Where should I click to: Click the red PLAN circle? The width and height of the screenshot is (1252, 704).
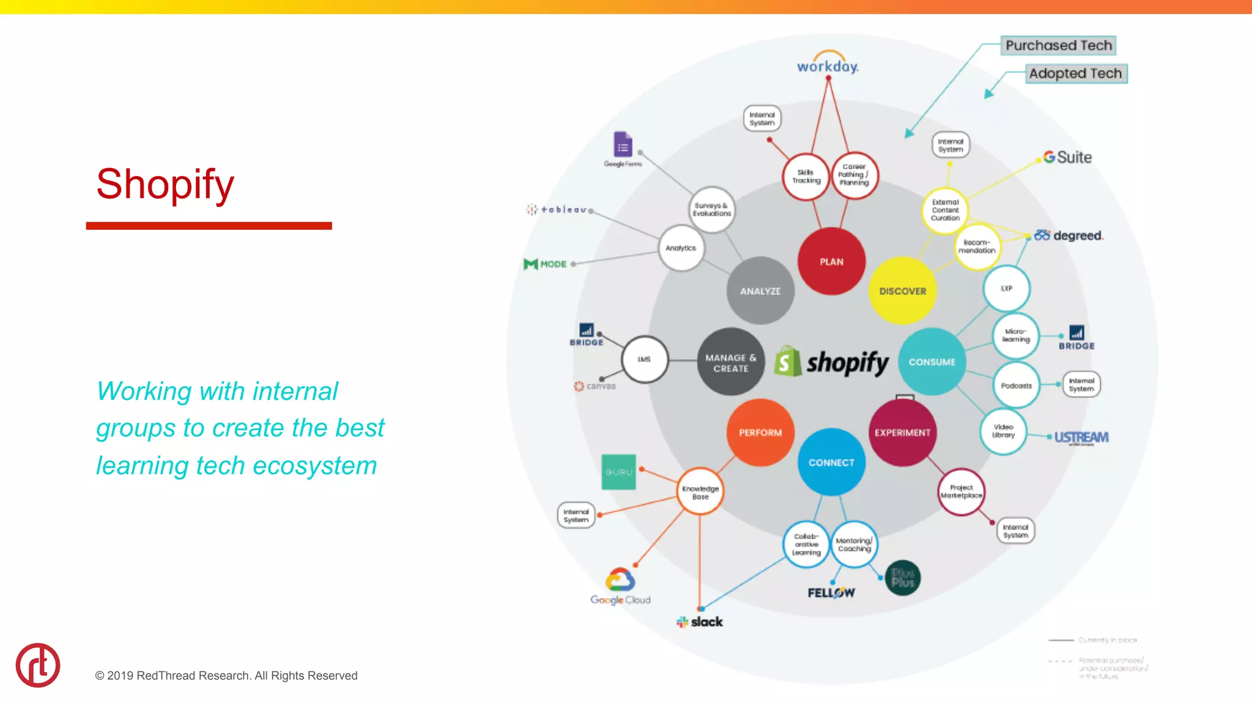pyautogui.click(x=831, y=262)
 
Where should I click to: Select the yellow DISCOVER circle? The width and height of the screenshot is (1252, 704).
pyautogui.click(x=902, y=291)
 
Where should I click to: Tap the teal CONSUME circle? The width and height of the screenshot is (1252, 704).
pyautogui.click(x=932, y=362)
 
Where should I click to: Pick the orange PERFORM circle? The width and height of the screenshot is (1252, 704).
pyautogui.click(x=760, y=433)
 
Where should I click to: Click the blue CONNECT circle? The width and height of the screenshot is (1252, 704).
pyautogui.click(x=831, y=463)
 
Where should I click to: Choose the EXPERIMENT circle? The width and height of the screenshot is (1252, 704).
pyautogui.click(x=902, y=433)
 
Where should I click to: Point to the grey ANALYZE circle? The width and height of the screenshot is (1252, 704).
pyautogui.click(x=760, y=291)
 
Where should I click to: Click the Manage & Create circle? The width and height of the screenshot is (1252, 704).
pyautogui.click(x=731, y=362)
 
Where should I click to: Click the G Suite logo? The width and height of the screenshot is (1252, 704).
pyautogui.click(x=1067, y=158)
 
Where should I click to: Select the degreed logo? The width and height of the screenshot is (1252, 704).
pyautogui.click(x=1069, y=235)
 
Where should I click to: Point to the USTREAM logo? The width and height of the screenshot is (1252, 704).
pyautogui.click(x=1081, y=438)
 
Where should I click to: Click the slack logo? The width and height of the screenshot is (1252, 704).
pyautogui.click(x=700, y=622)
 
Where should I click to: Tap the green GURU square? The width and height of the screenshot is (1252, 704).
pyautogui.click(x=619, y=472)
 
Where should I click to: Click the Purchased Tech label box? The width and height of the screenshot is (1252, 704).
pyautogui.click(x=1058, y=45)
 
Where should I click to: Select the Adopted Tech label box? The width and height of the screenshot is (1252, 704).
pyautogui.click(x=1075, y=73)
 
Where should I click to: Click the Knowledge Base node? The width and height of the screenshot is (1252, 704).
pyautogui.click(x=700, y=492)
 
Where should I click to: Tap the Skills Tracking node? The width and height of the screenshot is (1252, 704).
pyautogui.click(x=806, y=177)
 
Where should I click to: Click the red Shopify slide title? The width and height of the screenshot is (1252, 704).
pyautogui.click(x=165, y=183)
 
